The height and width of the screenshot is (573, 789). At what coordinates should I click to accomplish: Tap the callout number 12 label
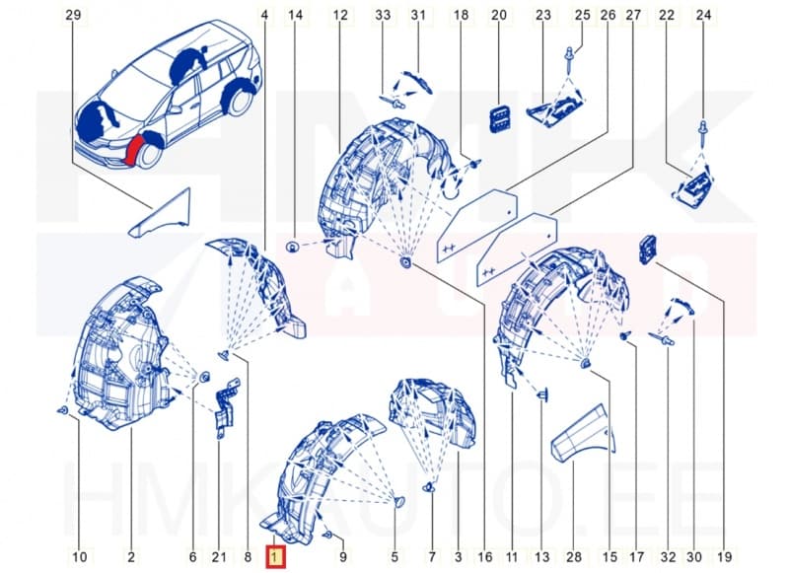pyautogui.click(x=340, y=15)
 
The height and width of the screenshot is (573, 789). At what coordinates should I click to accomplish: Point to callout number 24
pyautogui.click(x=703, y=15)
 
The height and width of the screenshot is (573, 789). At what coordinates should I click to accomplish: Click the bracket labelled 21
pyautogui.click(x=225, y=410)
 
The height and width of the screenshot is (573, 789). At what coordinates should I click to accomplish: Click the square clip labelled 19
pyautogui.click(x=649, y=249)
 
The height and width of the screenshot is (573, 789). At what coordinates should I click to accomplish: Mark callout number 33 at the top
pyautogui.click(x=384, y=15)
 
